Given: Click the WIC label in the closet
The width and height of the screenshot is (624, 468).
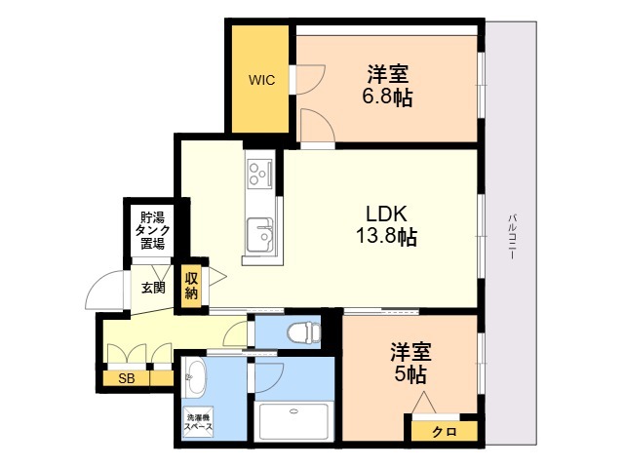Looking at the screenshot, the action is [x=261, y=80].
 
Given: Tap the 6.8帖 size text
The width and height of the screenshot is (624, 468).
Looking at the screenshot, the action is [x=387, y=97].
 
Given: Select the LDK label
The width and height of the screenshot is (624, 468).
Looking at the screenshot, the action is [x=386, y=214].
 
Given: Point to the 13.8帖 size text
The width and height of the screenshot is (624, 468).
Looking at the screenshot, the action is [x=386, y=236].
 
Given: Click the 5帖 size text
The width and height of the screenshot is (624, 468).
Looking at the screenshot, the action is [x=410, y=374].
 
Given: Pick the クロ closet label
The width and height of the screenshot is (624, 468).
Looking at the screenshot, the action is [x=445, y=431].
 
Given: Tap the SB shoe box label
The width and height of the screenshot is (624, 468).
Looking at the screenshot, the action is [x=127, y=378].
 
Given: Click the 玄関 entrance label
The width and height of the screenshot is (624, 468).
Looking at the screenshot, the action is [x=153, y=288].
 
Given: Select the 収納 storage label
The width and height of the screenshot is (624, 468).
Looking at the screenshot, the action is [x=191, y=286].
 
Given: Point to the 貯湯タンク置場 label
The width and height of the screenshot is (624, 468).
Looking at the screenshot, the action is [x=152, y=230].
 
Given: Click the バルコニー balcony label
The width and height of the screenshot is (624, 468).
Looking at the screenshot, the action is [x=513, y=237].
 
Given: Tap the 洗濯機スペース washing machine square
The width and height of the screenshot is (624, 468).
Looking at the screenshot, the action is [x=198, y=422].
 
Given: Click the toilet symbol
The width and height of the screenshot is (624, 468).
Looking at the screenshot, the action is [x=303, y=332].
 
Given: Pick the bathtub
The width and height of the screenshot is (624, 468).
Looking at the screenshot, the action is [x=293, y=421].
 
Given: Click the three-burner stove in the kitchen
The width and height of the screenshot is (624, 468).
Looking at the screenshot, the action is [x=259, y=174].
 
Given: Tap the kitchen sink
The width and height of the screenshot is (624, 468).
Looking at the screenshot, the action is [x=259, y=235].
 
